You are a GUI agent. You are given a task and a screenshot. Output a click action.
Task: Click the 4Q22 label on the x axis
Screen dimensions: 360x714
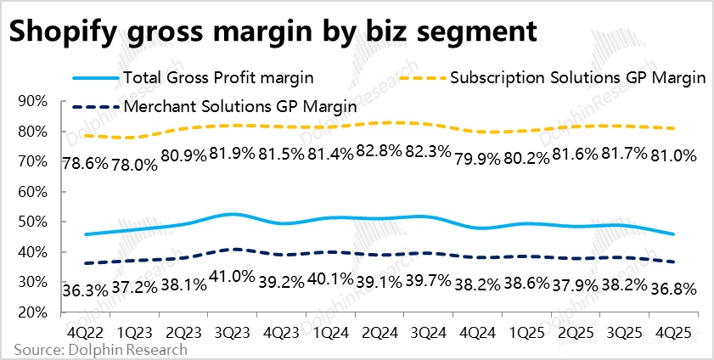point(82,329)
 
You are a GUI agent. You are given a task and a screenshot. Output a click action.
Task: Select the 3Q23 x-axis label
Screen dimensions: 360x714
point(239,329)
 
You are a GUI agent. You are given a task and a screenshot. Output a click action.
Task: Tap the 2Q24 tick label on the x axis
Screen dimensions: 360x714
point(395,329)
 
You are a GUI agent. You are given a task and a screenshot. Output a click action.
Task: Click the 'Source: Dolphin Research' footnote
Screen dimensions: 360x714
point(100,348)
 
